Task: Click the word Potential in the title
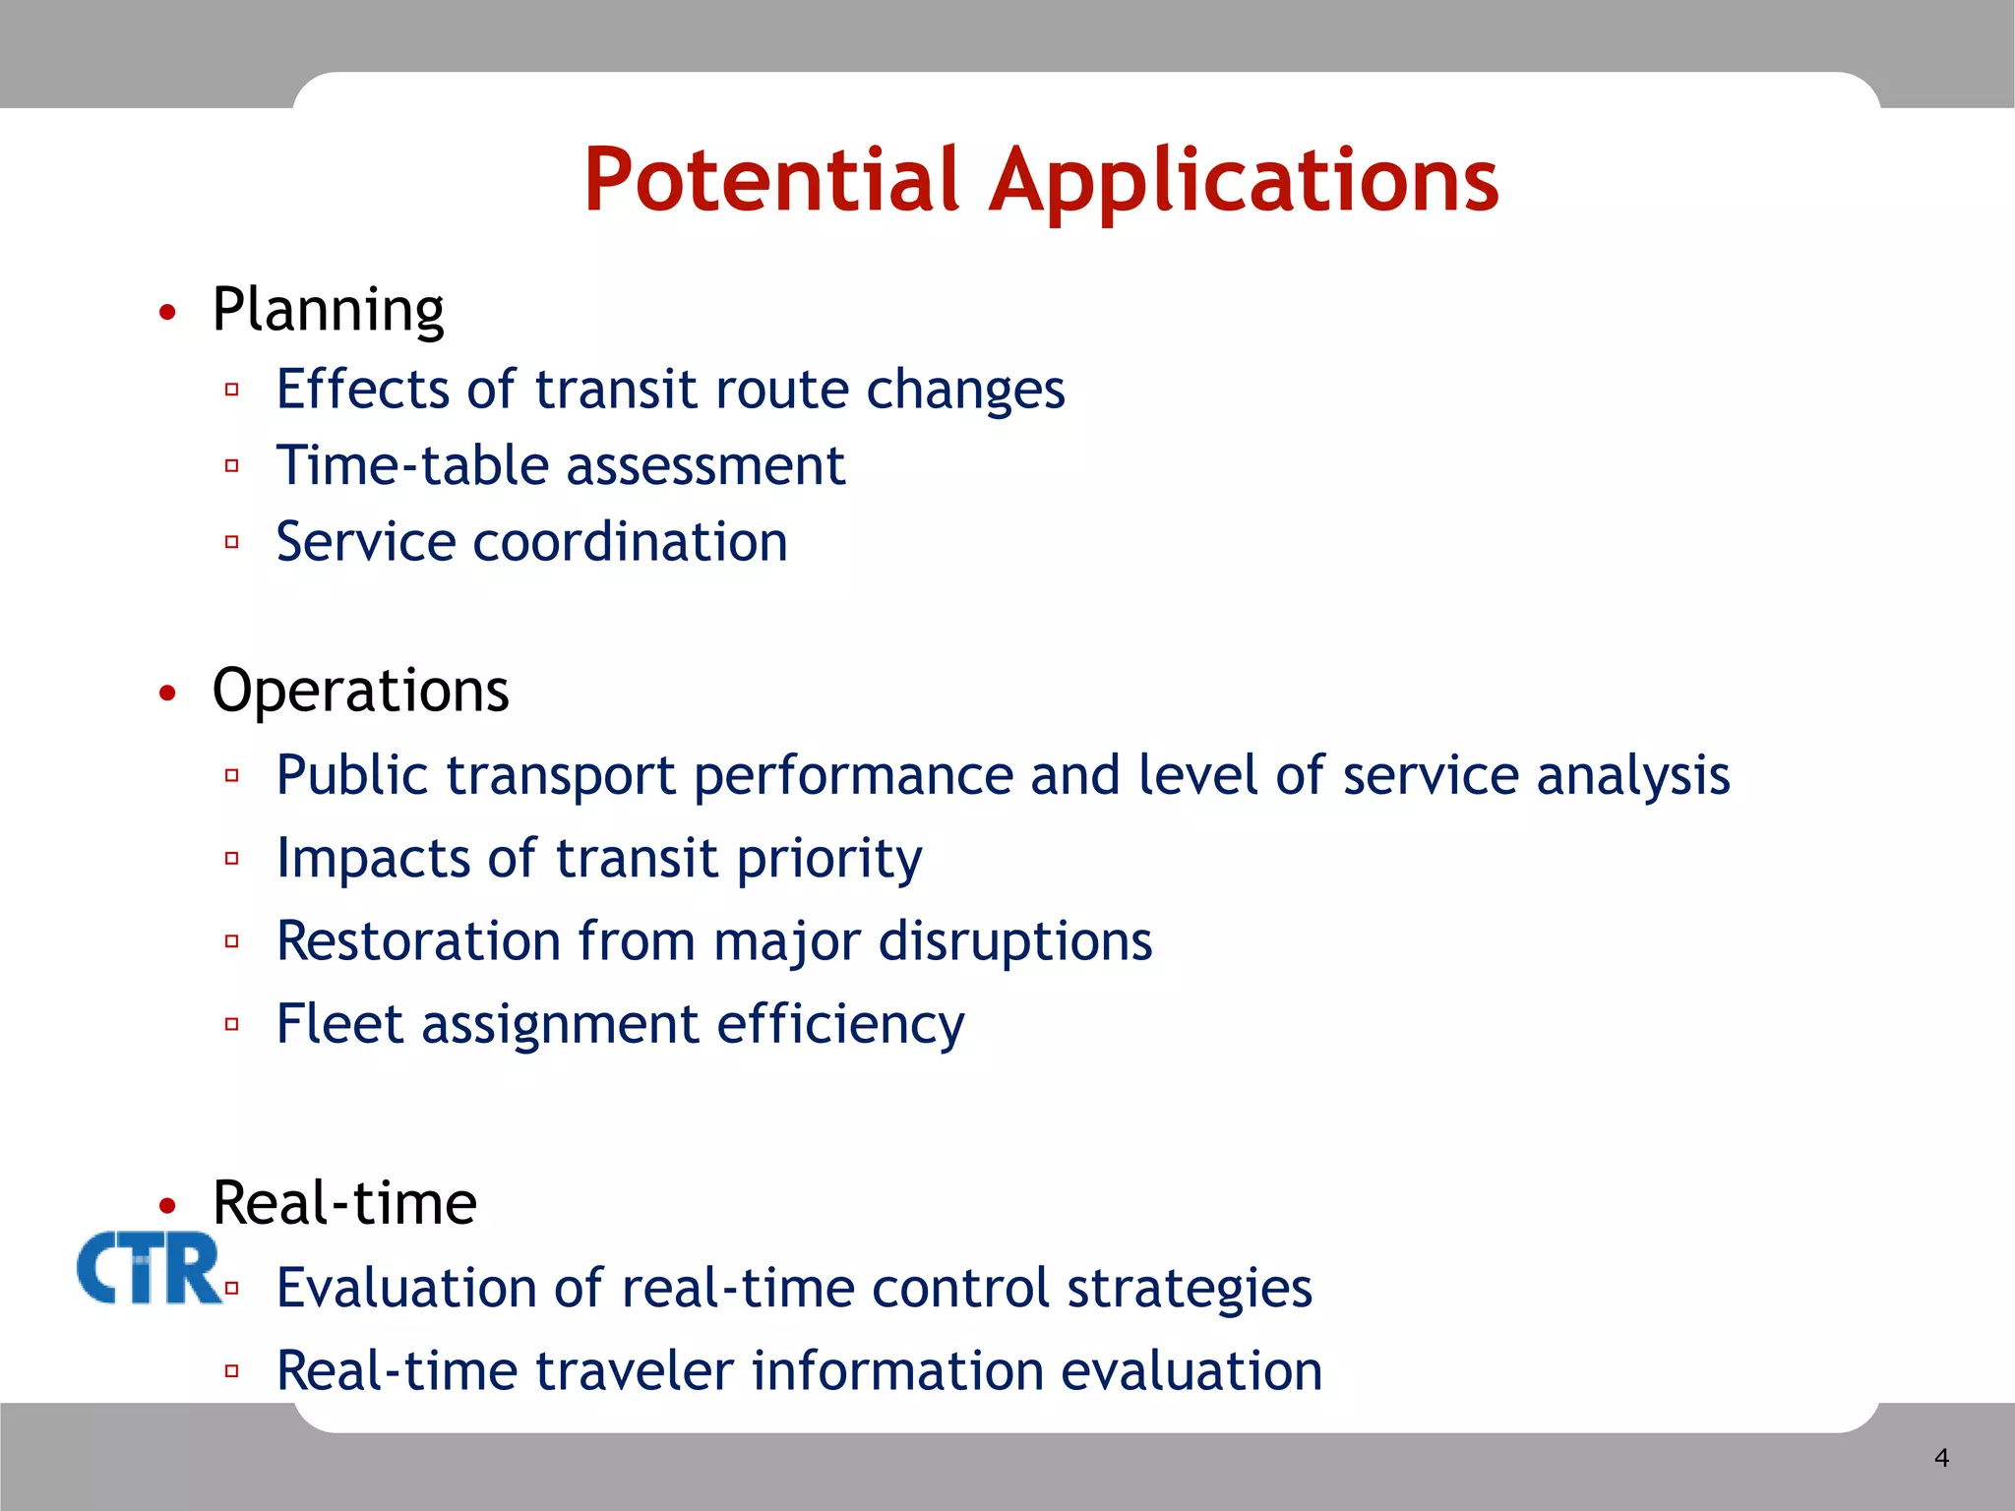click(x=770, y=180)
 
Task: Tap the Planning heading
click(x=328, y=311)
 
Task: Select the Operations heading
click(x=360, y=691)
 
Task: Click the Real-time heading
click(x=344, y=1203)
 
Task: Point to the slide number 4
click(x=1941, y=1458)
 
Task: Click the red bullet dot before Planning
click(x=168, y=313)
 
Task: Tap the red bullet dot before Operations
click(x=168, y=694)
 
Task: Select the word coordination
click(x=630, y=542)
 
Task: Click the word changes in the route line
click(x=964, y=391)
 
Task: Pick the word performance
click(x=853, y=776)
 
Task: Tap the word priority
click(x=828, y=859)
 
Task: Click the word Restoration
click(x=418, y=941)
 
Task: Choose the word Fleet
click(x=339, y=1024)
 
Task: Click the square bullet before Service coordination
click(x=232, y=542)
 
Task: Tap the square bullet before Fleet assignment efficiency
click(x=232, y=1024)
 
